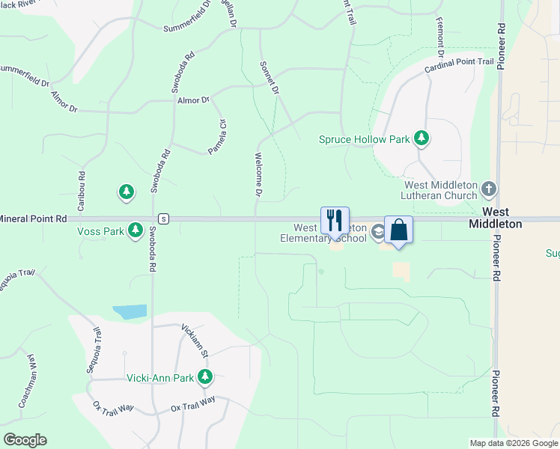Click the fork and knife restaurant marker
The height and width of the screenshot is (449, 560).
(335, 221)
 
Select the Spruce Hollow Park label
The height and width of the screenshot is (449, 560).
(364, 139)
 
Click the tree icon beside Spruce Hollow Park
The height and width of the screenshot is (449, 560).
(422, 138)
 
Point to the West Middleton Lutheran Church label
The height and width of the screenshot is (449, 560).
(440, 190)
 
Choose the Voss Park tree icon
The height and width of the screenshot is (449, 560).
(136, 230)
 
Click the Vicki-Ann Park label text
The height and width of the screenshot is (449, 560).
(159, 377)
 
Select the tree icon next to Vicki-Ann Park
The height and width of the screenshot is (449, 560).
(204, 377)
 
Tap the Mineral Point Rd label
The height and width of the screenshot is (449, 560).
(34, 219)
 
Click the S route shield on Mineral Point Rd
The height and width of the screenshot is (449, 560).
(163, 219)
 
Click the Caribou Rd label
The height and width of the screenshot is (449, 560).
(82, 190)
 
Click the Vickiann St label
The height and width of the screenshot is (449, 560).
(195, 338)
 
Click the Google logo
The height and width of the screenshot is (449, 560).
(25, 440)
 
